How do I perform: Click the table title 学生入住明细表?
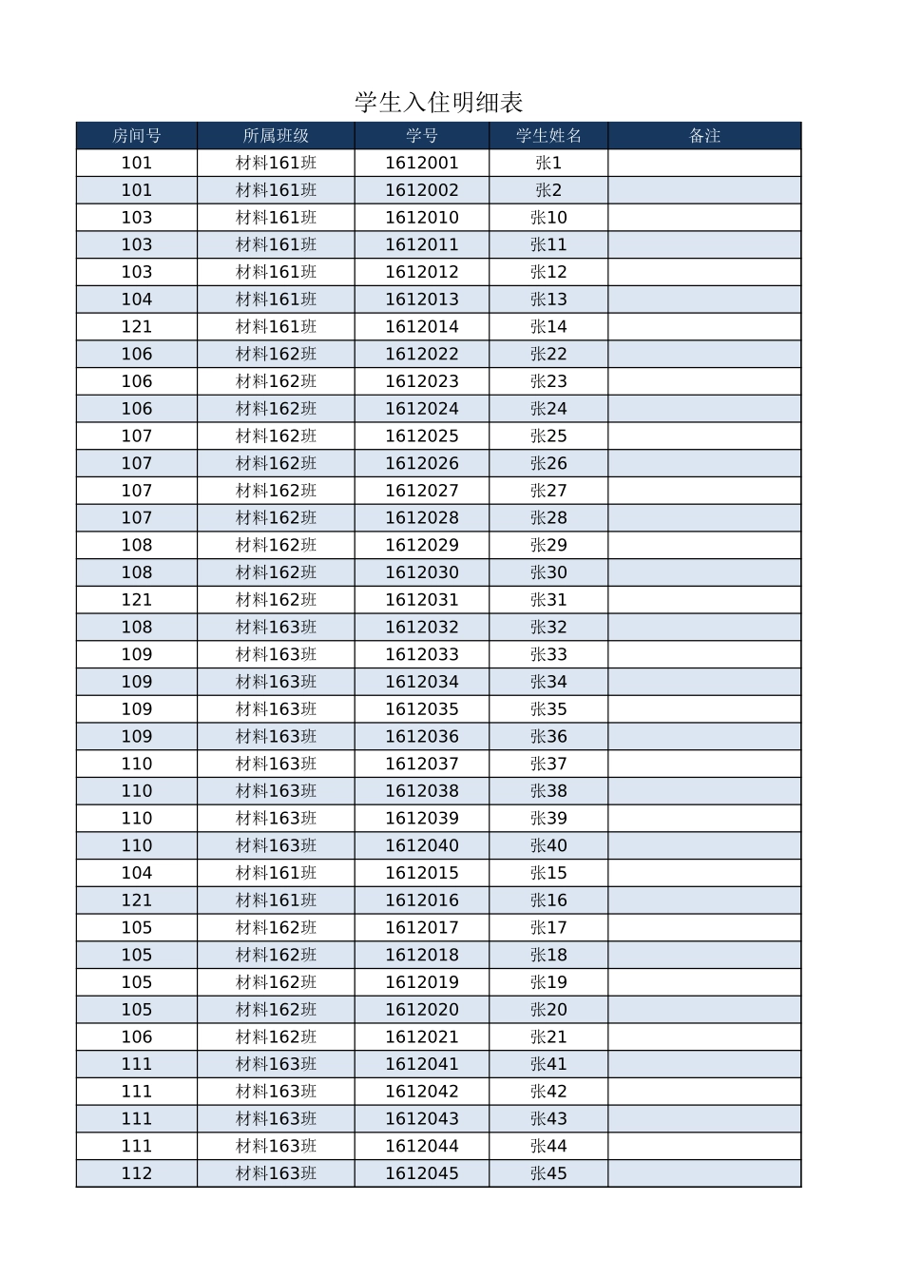tap(438, 103)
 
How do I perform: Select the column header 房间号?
tap(137, 136)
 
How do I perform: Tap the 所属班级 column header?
tap(276, 136)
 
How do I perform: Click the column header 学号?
tap(421, 136)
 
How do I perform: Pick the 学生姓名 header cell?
tap(548, 136)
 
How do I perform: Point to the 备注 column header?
tap(704, 136)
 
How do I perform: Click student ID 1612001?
tap(421, 164)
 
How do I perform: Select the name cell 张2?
tap(548, 190)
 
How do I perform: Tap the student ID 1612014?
tap(421, 327)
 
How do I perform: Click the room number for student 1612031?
tap(137, 600)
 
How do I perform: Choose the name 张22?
tap(548, 354)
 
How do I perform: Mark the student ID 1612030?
tap(421, 572)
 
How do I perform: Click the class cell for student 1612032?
tap(276, 628)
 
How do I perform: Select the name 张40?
tap(548, 845)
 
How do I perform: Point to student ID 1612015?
tap(421, 873)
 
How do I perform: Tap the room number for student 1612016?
tap(137, 900)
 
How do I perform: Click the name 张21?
tap(548, 1037)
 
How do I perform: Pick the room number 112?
tap(137, 1173)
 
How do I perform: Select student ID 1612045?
tap(421, 1173)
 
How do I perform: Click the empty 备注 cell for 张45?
tap(704, 1173)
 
